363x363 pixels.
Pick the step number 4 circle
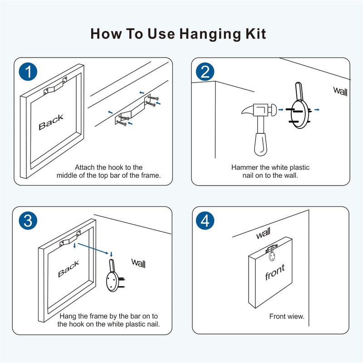[x=205, y=221]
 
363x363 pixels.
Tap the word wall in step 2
[x=340, y=91]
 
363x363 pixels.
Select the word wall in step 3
[x=138, y=262]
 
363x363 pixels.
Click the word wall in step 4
[x=263, y=235]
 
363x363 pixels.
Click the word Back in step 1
[x=51, y=122]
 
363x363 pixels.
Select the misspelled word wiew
[x=295, y=317]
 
